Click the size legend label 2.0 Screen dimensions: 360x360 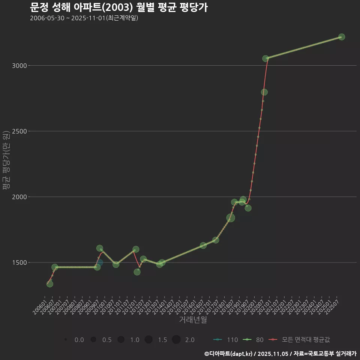[x=190, y=340]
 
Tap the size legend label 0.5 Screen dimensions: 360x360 [x=107, y=340]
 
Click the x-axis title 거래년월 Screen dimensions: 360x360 [x=193, y=320]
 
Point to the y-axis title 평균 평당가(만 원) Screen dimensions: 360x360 [x=6, y=161]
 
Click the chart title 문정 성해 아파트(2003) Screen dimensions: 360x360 [x=118, y=7]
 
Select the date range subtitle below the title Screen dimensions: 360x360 [x=84, y=18]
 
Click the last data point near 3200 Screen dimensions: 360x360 [x=342, y=37]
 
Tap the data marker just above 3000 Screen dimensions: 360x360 [x=265, y=58]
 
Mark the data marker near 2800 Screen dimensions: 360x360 [x=264, y=92]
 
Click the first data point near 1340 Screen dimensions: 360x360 [x=49, y=284]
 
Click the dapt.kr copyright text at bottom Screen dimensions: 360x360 [x=280, y=353]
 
